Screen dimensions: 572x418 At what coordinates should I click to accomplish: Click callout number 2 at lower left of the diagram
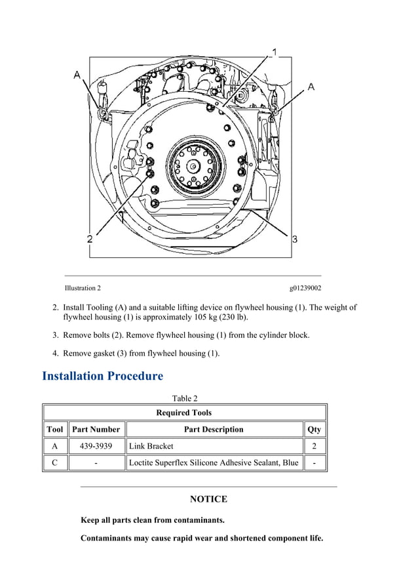(90, 239)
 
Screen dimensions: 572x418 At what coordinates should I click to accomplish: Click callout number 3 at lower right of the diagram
(295, 239)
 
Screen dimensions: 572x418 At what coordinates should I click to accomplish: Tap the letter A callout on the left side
(77, 75)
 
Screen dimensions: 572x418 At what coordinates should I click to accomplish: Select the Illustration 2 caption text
(83, 288)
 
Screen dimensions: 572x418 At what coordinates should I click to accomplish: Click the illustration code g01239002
(305, 288)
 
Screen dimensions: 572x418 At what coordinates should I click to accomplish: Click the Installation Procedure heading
(102, 376)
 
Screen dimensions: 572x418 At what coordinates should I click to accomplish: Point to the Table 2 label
(184, 398)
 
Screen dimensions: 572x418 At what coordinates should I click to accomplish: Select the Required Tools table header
(184, 413)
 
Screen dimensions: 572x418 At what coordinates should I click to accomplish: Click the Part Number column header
(96, 430)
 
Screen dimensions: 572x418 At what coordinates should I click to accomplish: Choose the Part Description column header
(214, 430)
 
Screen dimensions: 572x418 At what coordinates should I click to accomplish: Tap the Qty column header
(314, 430)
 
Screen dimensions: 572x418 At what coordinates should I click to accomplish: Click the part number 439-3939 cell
(96, 446)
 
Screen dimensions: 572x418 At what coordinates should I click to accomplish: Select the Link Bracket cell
(151, 446)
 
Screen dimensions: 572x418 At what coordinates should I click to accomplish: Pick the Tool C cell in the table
(54, 463)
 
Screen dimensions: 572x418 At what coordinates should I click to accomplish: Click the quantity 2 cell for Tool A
(314, 446)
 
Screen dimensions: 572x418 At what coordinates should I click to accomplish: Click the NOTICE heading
(208, 499)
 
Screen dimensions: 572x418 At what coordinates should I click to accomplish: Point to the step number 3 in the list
(56, 335)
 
